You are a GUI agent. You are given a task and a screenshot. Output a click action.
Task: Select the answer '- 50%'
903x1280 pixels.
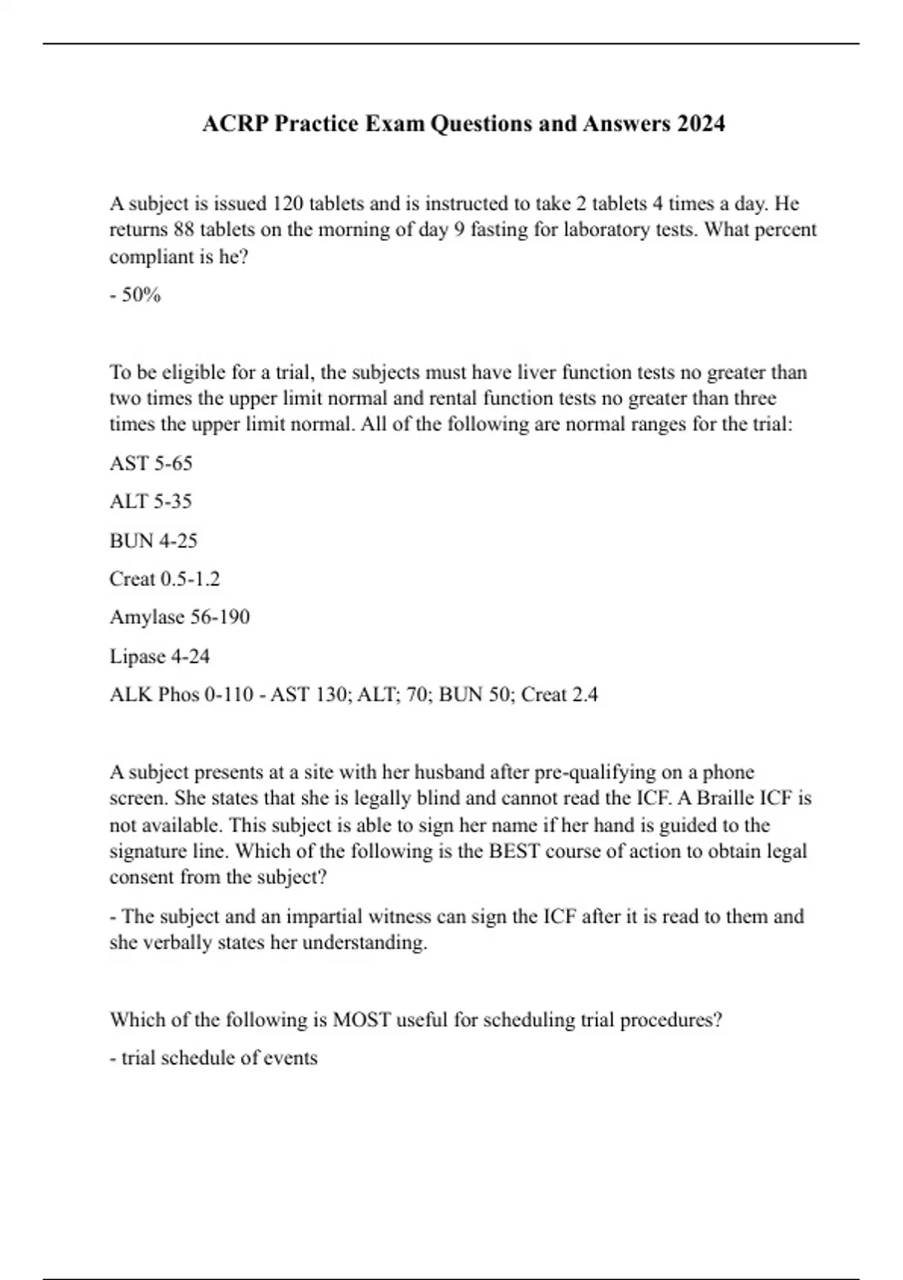[135, 295]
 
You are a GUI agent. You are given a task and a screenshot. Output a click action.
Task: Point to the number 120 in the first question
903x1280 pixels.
[287, 204]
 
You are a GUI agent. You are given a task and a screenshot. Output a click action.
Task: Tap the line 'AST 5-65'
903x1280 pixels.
[151, 463]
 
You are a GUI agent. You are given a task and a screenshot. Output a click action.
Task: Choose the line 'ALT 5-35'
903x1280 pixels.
[151, 501]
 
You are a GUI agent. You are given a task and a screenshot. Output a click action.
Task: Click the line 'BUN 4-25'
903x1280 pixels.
[154, 541]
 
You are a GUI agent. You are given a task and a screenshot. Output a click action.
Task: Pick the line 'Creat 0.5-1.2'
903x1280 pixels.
[165, 579]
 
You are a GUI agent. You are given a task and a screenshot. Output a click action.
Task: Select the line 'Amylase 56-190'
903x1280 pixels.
[180, 617]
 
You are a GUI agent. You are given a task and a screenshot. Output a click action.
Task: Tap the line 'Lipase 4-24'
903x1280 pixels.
[160, 657]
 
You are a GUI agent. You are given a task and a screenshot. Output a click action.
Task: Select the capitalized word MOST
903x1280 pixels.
[361, 1020]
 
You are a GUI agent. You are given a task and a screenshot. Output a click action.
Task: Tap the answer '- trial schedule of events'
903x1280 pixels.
[214, 1058]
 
